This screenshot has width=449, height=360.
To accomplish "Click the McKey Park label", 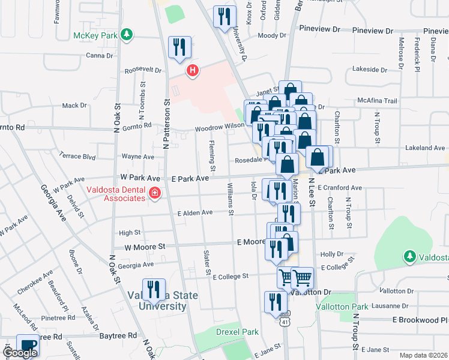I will pos(95,35).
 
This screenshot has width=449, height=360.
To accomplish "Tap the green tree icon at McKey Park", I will pos(126,35).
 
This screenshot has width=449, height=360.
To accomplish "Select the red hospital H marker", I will pos(192,71).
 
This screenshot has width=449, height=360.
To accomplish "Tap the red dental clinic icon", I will pos(155,193).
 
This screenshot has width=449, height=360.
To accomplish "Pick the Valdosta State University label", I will pos(157,301).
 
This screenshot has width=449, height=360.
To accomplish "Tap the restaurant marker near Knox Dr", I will pos(225,17).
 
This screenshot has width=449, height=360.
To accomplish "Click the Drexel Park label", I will pos(237,332).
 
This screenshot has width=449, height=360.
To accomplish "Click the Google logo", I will pos(20,353).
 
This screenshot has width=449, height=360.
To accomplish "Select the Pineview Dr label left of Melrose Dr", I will pos(372,30).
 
